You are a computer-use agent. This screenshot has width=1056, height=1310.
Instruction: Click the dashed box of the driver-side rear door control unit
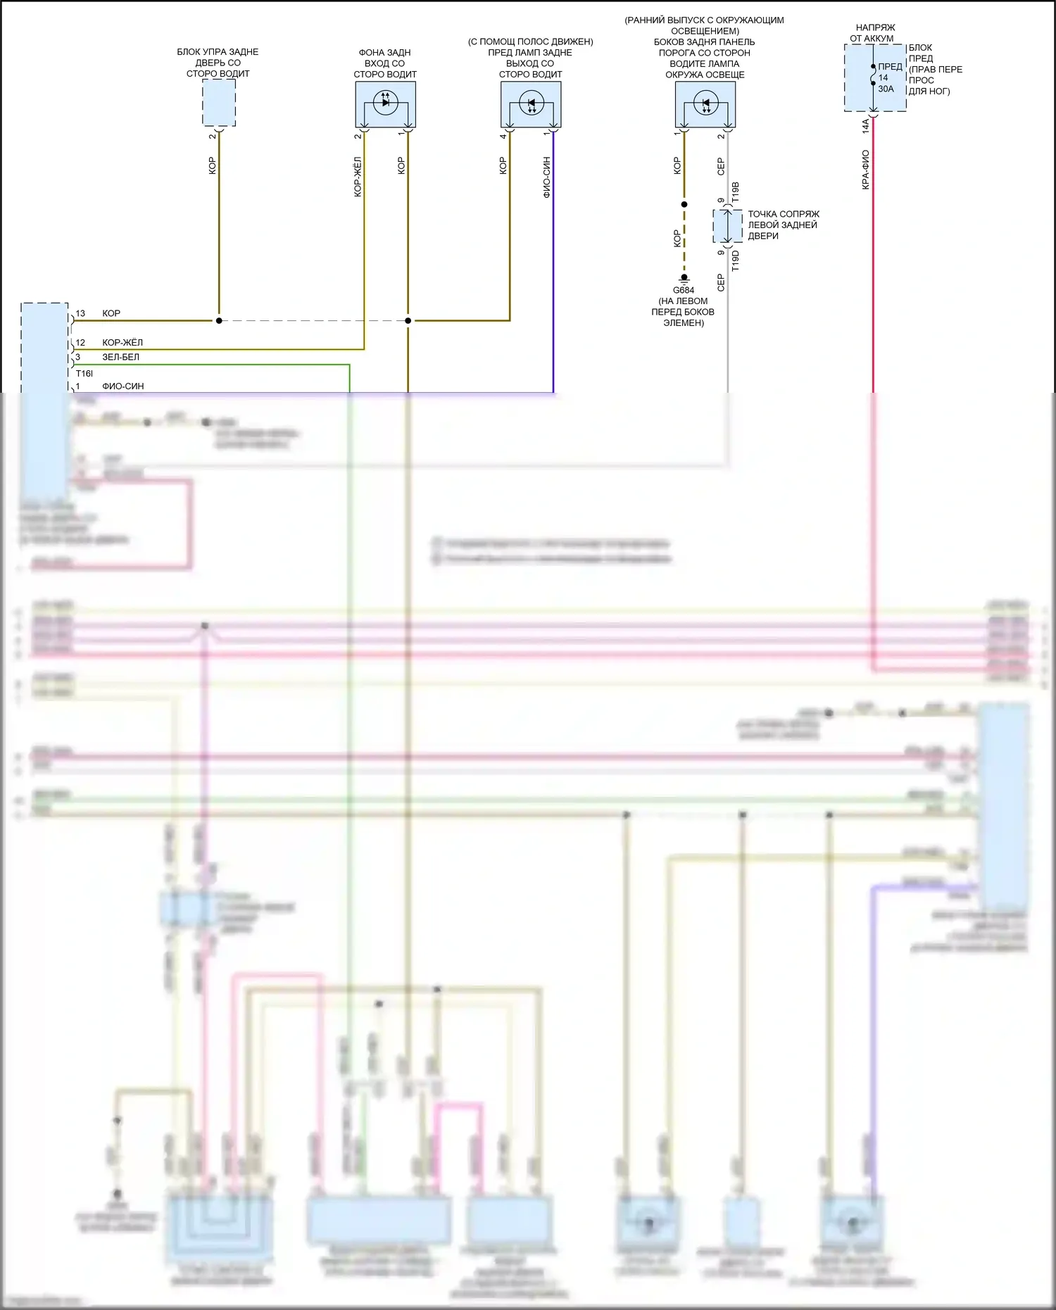point(219,103)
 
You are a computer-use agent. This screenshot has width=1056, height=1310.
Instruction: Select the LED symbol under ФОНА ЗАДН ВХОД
point(385,102)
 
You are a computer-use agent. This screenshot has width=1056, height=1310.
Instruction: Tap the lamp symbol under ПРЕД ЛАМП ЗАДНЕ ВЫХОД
point(531,104)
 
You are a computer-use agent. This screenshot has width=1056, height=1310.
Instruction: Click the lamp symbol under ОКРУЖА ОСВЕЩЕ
point(705,104)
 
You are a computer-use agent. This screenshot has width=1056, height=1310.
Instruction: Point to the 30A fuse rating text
point(886,89)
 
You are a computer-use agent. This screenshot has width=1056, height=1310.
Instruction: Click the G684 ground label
point(684,290)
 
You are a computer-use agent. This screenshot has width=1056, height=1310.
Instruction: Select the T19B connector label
point(736,193)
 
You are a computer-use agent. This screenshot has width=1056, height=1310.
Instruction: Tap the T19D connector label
point(736,260)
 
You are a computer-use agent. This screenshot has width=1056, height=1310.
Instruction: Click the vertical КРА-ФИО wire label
point(866,169)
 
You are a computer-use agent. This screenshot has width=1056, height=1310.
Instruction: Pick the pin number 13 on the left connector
point(80,314)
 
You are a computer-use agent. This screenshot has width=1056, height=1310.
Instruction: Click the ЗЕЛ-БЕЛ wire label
point(120,357)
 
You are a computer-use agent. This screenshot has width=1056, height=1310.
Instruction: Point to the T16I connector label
point(84,373)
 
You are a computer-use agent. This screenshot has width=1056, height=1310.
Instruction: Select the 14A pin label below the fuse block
point(866,126)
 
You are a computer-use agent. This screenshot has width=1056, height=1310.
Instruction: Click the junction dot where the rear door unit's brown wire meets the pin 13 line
point(219,321)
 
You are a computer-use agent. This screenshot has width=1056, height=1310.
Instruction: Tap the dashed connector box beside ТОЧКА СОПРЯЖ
point(727,226)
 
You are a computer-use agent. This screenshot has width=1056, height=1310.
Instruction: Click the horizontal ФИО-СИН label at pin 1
point(123,386)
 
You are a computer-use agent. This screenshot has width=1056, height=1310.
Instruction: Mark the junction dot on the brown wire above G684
point(684,205)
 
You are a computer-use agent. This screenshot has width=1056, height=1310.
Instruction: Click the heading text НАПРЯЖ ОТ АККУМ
point(873,33)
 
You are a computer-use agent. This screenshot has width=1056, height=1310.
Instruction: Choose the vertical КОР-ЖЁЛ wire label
point(358,176)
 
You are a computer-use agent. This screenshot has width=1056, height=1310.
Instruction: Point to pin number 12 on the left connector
point(80,343)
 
